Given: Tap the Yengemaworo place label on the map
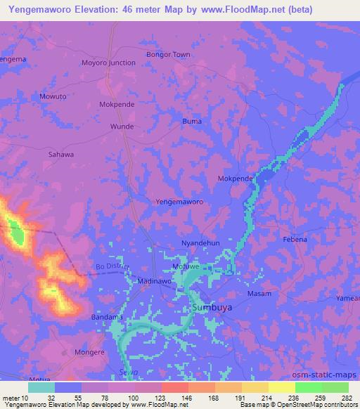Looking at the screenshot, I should pyautogui.click(x=179, y=202).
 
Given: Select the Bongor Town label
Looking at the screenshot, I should pyautogui.click(x=167, y=54).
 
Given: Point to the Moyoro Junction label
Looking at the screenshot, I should pyautogui.click(x=108, y=63).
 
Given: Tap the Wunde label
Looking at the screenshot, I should pyautogui.click(x=122, y=126).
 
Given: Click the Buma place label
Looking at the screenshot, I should pyautogui.click(x=192, y=121).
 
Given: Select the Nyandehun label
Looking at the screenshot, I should pyautogui.click(x=200, y=242).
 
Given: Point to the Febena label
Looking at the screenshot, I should pyautogui.click(x=295, y=240).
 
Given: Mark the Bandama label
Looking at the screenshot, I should pyautogui.click(x=108, y=318).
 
